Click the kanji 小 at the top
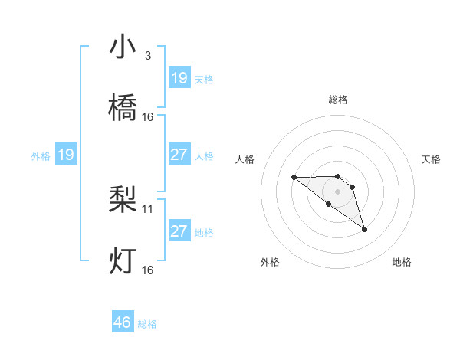(123, 48)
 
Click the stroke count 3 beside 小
(147, 56)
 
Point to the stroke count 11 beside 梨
(148, 208)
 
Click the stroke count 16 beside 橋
(148, 117)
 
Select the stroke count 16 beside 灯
(148, 270)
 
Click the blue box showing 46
(123, 322)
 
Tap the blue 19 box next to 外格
(66, 155)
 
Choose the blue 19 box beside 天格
(179, 78)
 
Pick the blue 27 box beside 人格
(179, 155)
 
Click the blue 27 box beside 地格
(179, 231)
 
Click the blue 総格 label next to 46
(147, 324)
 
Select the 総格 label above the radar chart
(337, 100)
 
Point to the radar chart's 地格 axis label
(402, 262)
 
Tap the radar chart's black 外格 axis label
(270, 262)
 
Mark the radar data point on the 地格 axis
(364, 229)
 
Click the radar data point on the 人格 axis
(294, 178)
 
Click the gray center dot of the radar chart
(337, 191)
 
